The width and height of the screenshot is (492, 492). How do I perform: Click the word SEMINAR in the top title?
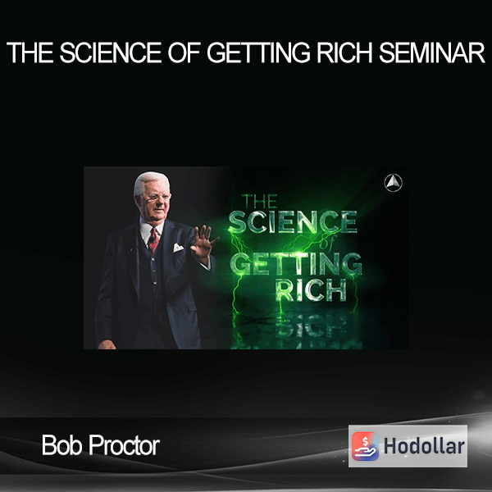(x=432, y=52)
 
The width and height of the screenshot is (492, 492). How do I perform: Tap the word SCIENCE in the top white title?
(x=111, y=52)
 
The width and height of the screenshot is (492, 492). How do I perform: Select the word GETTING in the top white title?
(x=258, y=52)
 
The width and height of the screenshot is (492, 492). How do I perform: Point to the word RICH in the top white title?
(x=344, y=52)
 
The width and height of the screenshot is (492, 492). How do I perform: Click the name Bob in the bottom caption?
(x=62, y=445)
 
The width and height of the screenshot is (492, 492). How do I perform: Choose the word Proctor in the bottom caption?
(x=125, y=445)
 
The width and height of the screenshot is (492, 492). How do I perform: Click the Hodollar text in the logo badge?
(x=424, y=446)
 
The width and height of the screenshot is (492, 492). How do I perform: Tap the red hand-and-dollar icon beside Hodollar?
(x=365, y=446)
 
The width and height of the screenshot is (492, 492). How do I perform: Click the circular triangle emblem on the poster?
(x=393, y=183)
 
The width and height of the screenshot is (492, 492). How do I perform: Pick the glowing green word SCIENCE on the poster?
(x=293, y=222)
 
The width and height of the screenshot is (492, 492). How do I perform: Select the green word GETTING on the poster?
(x=297, y=263)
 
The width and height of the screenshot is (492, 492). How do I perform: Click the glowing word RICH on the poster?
(x=311, y=290)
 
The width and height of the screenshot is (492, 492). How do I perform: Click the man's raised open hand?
(x=203, y=244)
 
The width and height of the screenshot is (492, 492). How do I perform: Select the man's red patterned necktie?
(x=153, y=240)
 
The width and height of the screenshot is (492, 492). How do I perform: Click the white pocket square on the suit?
(x=178, y=248)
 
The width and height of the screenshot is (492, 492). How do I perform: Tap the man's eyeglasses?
(x=154, y=198)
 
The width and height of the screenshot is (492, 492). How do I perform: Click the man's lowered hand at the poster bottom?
(x=107, y=344)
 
